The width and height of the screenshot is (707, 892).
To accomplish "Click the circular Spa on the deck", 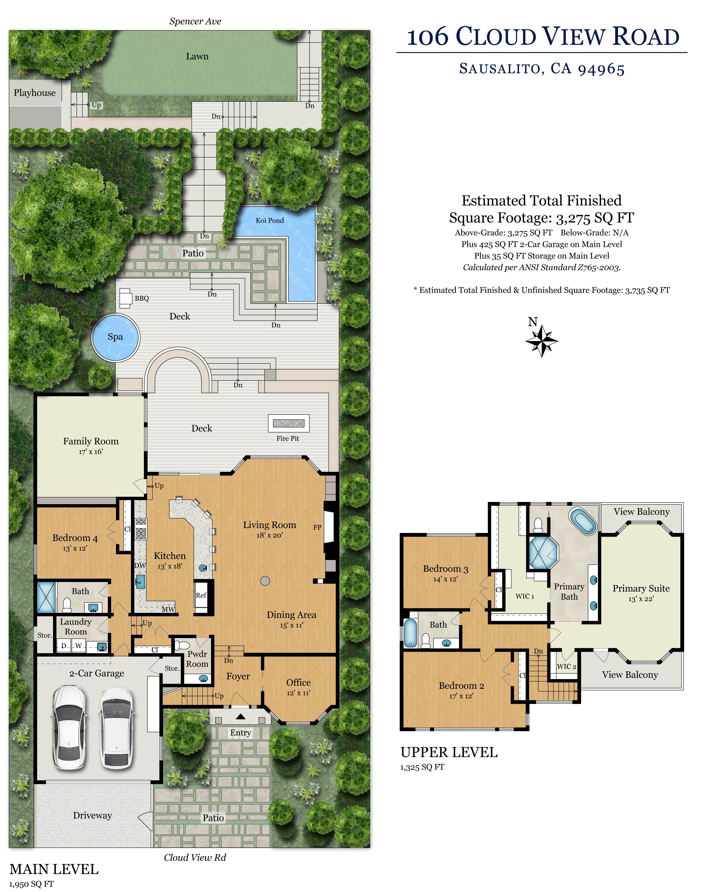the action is tap(115, 338).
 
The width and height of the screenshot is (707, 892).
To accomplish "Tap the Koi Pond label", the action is tap(270, 220).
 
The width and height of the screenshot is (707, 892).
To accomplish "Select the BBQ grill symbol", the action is tap(125, 298).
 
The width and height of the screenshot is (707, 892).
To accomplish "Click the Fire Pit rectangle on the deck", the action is tap(288, 423).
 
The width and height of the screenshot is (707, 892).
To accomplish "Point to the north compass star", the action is tap(541, 341).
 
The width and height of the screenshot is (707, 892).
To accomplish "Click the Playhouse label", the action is tap(35, 93).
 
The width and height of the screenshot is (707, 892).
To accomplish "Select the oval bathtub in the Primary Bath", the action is tap(583, 521).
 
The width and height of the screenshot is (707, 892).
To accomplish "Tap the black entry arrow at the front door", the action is tap(240, 716).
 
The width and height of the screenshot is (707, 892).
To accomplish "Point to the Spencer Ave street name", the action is tap(195, 21).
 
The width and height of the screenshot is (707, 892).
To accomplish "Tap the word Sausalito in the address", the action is tap(502, 69).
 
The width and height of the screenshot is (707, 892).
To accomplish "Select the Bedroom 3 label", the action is tap(446, 569).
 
